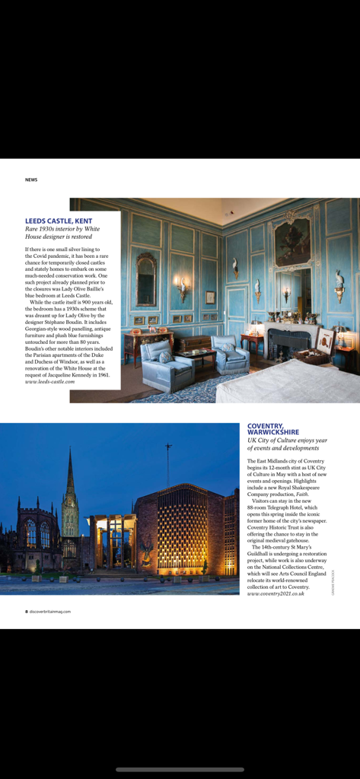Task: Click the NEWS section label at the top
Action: pyautogui.click(x=31, y=180)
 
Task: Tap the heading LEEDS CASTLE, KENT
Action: pyautogui.click(x=59, y=221)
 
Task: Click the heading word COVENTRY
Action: pyautogui.click(x=265, y=426)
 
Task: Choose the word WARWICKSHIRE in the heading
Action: pyautogui.click(x=273, y=432)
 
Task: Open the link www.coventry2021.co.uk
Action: pyautogui.click(x=276, y=593)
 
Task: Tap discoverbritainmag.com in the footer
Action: pyautogui.click(x=50, y=611)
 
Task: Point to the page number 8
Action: pyautogui.click(x=27, y=611)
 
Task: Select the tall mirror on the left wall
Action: pyautogui.click(x=146, y=279)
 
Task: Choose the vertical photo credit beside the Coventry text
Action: pyautogui.click(x=333, y=582)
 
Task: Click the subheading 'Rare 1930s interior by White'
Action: pyautogui.click(x=62, y=229)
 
